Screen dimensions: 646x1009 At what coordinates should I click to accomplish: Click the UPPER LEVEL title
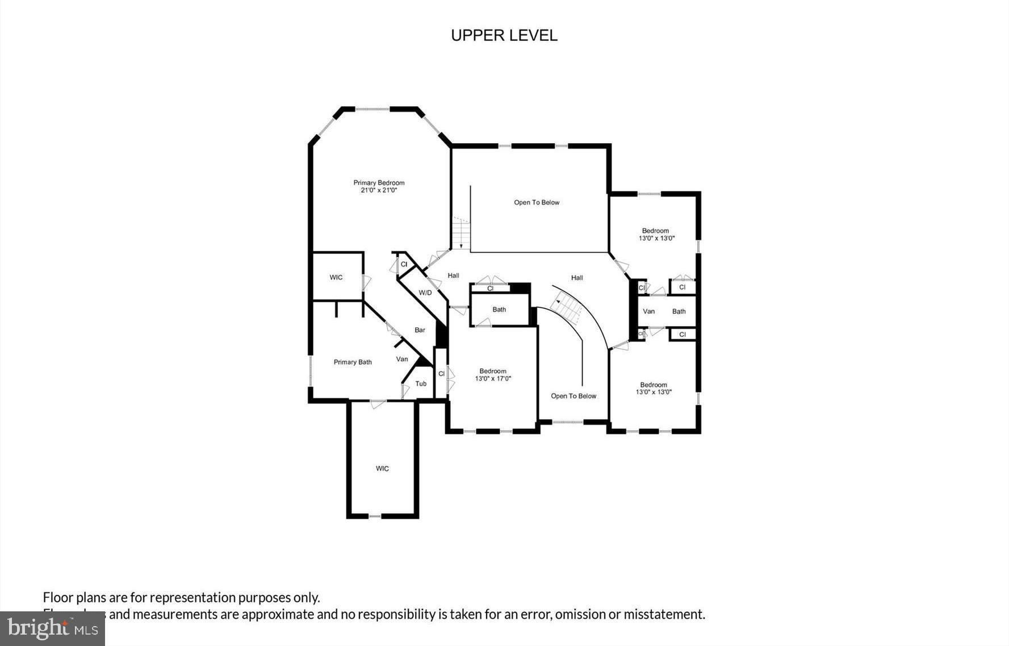tap(504, 35)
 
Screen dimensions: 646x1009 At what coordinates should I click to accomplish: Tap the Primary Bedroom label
tap(379, 182)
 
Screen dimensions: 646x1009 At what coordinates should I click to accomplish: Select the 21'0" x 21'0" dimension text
tap(379, 191)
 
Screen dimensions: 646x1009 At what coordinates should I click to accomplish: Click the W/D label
tap(425, 293)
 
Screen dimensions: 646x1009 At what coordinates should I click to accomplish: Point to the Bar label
tap(420, 330)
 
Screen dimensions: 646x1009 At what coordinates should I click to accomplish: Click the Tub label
tap(421, 384)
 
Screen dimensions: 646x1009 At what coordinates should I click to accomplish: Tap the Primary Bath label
tap(353, 362)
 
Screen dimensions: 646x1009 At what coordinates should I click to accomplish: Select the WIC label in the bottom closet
tap(382, 469)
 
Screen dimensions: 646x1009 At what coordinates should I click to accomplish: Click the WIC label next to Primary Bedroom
tap(336, 277)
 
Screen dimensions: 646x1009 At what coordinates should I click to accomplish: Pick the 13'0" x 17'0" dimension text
tap(493, 378)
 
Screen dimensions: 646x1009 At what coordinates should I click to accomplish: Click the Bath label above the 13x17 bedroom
tap(499, 310)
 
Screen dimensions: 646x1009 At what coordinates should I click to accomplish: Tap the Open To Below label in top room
tap(537, 202)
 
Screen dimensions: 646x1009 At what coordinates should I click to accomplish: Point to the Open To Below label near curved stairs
tap(573, 396)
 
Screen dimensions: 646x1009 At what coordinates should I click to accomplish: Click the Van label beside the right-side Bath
tap(648, 311)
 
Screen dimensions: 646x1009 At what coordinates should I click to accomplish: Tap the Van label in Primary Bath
tap(402, 359)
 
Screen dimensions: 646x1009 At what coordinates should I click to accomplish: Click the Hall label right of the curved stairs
tap(577, 278)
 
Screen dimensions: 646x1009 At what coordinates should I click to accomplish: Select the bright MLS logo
tap(52, 628)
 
